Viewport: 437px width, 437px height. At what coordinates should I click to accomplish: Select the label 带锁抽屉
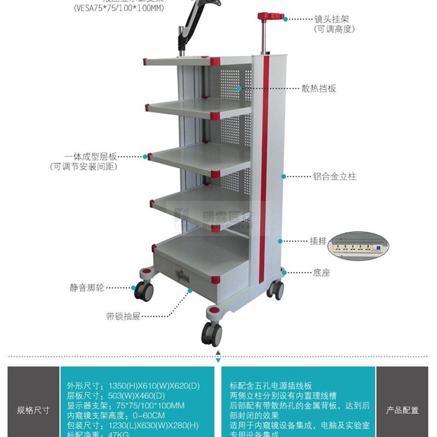(123, 316)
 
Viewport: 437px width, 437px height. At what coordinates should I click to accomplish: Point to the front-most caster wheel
(211, 334)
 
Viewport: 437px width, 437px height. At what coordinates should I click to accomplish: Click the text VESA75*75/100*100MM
(118, 8)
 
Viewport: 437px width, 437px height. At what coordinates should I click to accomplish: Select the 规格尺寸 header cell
(33, 410)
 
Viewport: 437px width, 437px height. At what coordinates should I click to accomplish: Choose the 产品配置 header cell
(403, 410)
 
